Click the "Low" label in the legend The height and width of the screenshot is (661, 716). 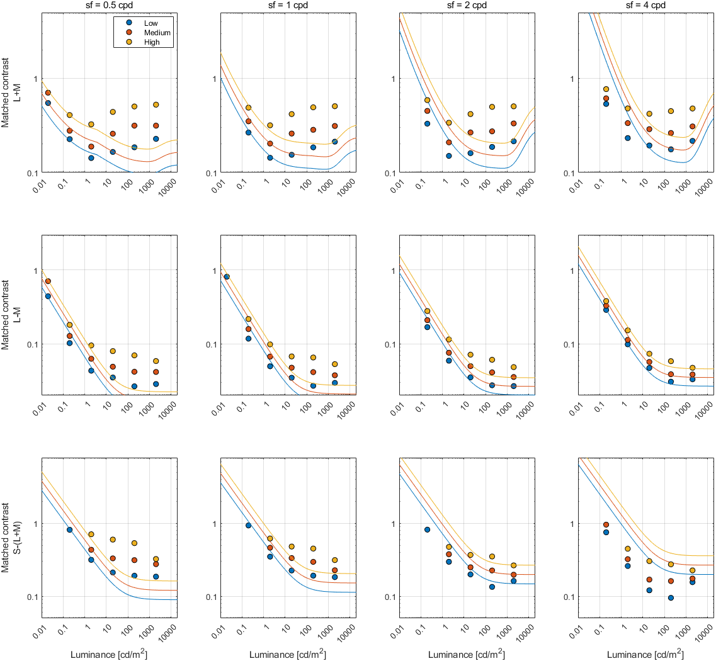click(x=151, y=23)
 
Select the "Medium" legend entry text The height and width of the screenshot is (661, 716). click(x=157, y=32)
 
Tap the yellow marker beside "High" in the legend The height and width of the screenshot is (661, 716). click(x=127, y=42)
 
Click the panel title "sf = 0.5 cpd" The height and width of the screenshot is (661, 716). click(x=109, y=6)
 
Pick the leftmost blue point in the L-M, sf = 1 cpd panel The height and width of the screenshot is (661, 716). click(x=227, y=276)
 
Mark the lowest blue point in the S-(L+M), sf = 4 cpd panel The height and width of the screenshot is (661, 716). click(x=671, y=598)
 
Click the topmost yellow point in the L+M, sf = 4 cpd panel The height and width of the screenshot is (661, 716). click(x=606, y=89)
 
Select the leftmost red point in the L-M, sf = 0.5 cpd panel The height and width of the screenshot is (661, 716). click(x=48, y=281)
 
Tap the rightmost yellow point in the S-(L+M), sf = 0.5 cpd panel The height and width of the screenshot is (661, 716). click(x=156, y=559)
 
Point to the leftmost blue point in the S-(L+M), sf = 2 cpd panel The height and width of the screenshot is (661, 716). click(x=427, y=529)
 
